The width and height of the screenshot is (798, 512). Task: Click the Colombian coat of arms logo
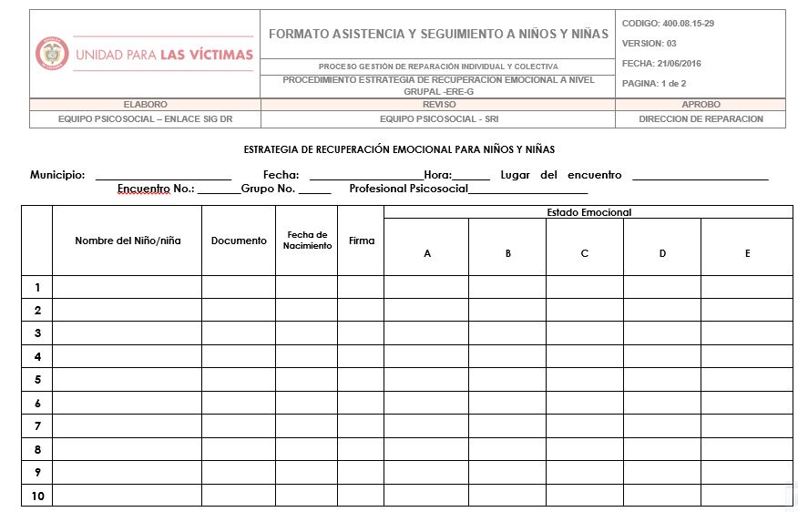coord(52,54)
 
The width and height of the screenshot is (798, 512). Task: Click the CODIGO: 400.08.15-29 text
coord(668,24)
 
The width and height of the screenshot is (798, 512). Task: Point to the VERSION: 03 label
coord(649,44)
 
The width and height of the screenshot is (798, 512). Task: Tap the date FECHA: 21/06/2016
coord(661,64)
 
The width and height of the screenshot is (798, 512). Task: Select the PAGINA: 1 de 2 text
coord(654,84)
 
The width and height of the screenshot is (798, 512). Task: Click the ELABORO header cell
coord(145,105)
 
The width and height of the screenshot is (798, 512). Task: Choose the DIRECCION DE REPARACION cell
coord(701,119)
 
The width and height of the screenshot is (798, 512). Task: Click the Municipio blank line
coord(163,177)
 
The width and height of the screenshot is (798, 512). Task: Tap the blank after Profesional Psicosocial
coord(527,191)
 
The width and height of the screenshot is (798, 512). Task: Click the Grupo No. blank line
coord(314,191)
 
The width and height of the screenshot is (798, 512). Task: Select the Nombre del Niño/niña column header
coord(128,241)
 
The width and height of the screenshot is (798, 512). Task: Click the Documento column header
coord(239,241)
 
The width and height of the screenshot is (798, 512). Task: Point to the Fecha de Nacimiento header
coord(307,241)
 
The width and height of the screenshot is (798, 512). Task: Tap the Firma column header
coord(361,241)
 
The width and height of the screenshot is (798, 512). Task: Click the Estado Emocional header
coord(588,212)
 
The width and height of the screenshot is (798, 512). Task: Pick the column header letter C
coord(585,253)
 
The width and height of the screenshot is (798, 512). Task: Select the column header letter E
coord(747,253)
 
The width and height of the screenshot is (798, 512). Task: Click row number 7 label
coord(37,426)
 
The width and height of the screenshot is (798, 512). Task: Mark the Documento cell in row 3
coord(239,333)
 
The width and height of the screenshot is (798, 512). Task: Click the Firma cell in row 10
coord(361,497)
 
